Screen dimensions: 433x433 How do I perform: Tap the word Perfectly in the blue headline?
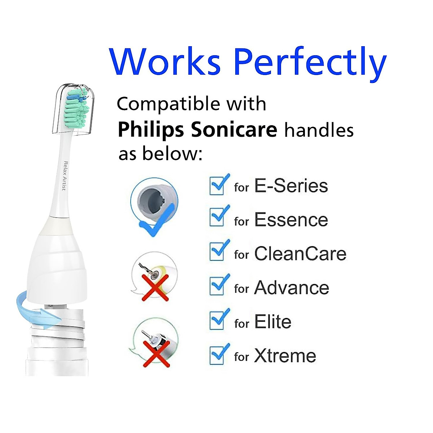310,63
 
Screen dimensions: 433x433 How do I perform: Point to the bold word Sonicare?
234,129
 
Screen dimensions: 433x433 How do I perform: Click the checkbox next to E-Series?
218,185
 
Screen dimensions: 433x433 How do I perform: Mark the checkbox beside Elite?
218,320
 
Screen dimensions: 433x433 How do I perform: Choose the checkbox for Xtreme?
218,354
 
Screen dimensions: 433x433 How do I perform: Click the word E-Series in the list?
291,186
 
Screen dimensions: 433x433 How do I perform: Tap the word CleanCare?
300,254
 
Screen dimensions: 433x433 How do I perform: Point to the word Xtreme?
285,356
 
